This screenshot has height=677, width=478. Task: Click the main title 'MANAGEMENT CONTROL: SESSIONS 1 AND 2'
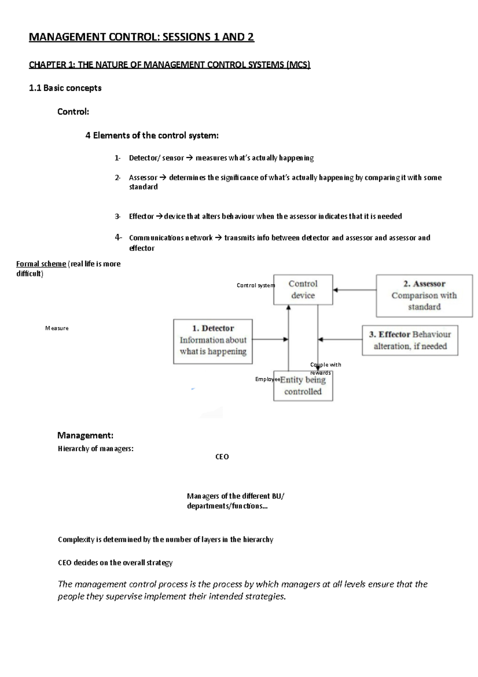click(141, 37)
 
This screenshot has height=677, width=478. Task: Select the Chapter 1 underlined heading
click(169, 65)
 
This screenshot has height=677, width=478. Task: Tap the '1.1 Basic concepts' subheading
click(65, 88)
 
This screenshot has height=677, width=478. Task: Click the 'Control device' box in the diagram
click(303, 289)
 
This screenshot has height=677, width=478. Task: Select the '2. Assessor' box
click(424, 295)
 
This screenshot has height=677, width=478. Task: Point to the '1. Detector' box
click(213, 341)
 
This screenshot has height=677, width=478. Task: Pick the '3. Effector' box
click(410, 340)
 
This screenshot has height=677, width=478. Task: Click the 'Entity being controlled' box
click(303, 386)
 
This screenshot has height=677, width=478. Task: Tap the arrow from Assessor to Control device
click(355, 290)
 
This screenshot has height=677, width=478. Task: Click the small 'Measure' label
click(57, 328)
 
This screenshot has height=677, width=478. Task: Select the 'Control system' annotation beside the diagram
click(255, 285)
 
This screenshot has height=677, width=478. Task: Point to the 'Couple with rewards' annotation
click(325, 368)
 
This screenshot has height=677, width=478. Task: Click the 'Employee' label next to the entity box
click(267, 379)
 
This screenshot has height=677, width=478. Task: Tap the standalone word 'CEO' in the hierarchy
click(222, 457)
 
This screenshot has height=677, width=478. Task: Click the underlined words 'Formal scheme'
click(41, 264)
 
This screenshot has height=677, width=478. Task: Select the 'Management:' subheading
click(85, 435)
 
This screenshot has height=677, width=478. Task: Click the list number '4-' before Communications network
click(118, 238)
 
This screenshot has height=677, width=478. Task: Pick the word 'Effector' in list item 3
click(141, 216)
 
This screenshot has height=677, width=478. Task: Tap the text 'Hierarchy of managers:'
click(96, 449)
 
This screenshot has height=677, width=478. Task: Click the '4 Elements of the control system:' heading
click(152, 136)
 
